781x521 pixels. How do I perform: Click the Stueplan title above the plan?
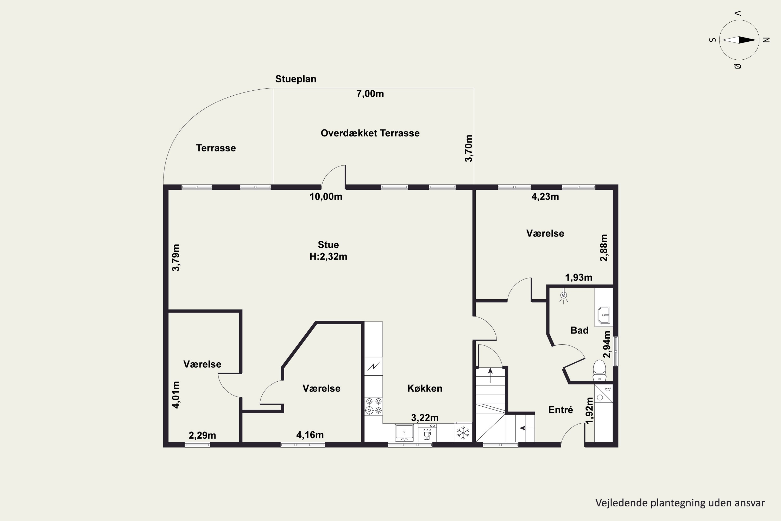295,79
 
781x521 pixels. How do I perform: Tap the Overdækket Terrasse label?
370,133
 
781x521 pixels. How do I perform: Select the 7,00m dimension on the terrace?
370,94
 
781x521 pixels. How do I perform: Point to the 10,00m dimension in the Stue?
326,197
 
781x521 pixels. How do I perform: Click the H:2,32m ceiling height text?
328,257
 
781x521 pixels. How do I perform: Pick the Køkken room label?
425,388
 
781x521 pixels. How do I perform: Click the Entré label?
560,410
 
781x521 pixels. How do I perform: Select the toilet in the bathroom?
599,370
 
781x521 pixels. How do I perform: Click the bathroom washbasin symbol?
604,315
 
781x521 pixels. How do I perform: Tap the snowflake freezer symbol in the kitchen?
463,433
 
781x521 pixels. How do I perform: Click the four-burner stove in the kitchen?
374,406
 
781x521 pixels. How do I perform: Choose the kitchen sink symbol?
405,433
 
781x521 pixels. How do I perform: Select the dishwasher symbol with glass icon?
427,433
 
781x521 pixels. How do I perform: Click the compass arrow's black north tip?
756,40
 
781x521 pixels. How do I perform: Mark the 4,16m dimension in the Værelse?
310,435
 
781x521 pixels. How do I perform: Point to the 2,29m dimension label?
202,435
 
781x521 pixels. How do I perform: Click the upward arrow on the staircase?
490,375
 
